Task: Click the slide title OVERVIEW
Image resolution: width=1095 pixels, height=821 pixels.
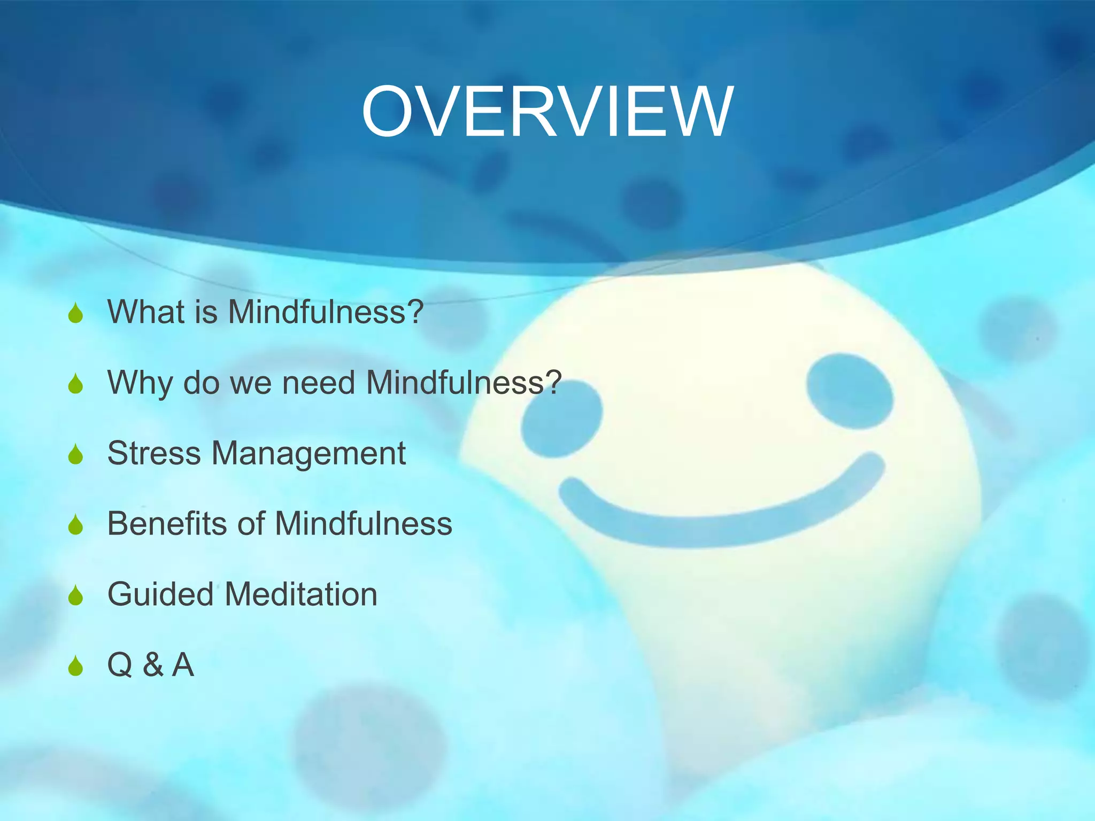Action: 547,112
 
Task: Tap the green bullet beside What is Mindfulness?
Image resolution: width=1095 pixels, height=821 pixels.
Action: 76,313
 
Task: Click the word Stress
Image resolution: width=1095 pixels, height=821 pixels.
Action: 154,453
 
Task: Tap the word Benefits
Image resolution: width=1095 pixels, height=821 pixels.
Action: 167,523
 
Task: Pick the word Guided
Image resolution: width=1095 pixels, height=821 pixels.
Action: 160,594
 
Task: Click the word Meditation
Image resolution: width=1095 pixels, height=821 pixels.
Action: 301,594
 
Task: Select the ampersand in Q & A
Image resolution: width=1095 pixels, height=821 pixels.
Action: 153,665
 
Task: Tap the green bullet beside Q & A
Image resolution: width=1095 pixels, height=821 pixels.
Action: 76,666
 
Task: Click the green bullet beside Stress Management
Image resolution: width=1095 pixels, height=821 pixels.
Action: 76,454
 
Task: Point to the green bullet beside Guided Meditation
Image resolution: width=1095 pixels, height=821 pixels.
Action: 76,595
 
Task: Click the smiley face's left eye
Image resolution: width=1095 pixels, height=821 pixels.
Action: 561,420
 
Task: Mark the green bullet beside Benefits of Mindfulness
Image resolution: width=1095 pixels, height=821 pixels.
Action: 76,525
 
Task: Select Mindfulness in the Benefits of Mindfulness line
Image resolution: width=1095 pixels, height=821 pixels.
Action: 364,523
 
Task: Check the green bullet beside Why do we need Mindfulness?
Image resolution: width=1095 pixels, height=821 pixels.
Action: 76,384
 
